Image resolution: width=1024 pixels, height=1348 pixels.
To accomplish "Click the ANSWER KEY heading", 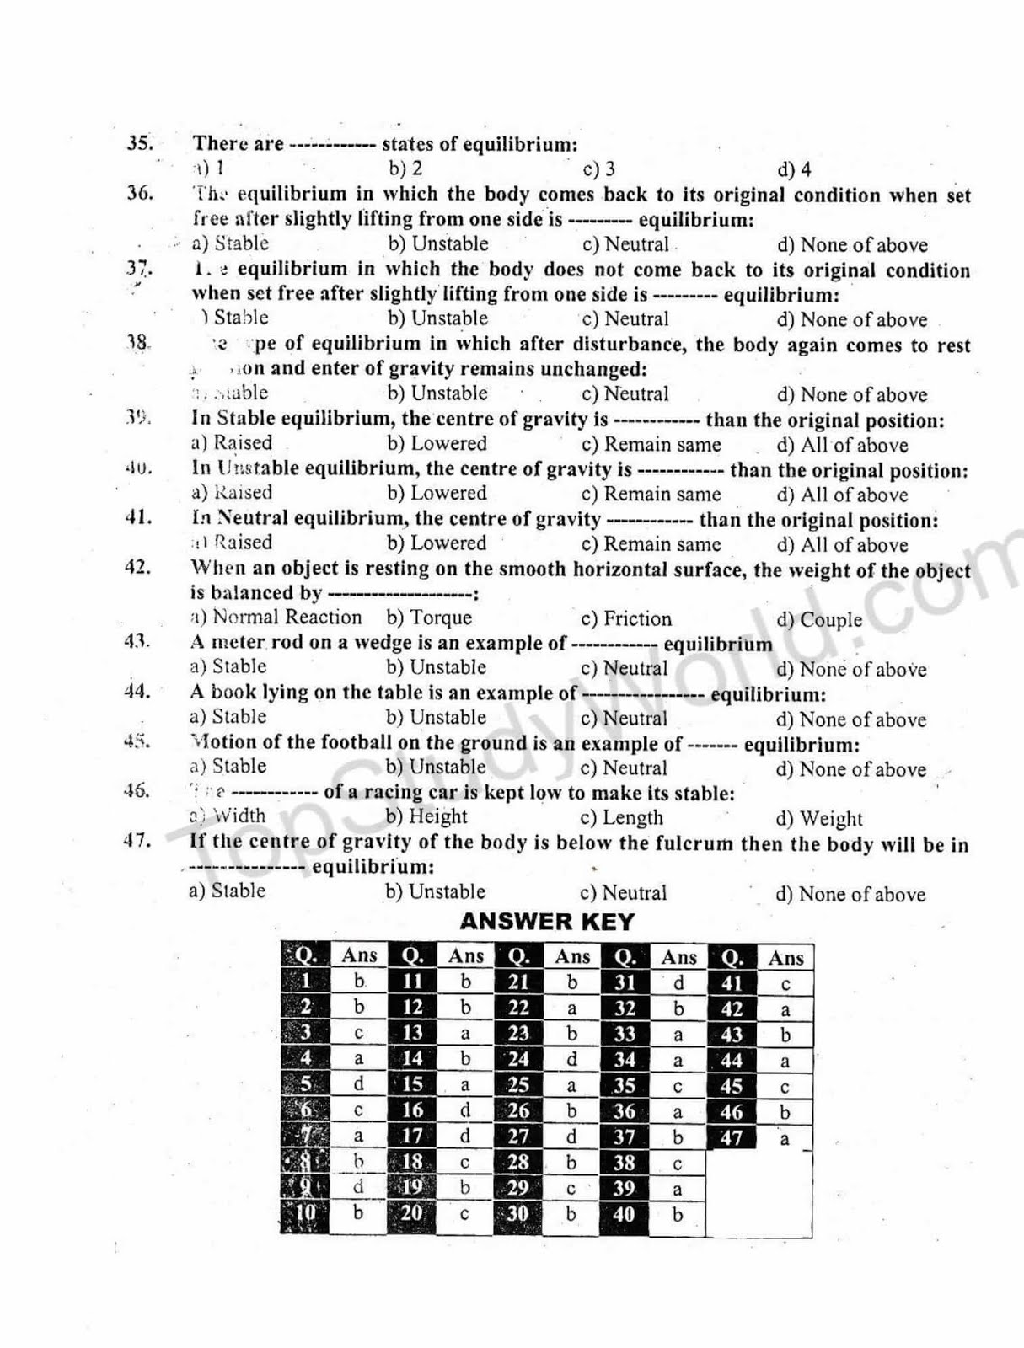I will point(547,922).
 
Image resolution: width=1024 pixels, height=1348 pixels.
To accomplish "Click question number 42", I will point(137,567).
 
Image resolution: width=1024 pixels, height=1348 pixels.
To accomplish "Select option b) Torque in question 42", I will point(429,618).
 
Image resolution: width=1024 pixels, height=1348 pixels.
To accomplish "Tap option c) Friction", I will point(626,619).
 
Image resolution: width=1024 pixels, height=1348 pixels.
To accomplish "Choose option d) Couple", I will point(819,620).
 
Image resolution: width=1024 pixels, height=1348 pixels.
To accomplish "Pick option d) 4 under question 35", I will point(794,169).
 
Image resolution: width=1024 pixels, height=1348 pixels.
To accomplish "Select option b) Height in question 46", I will point(426,816).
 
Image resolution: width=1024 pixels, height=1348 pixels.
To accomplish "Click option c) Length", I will point(622,817).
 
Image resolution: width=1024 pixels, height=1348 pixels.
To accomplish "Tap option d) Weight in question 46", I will point(819,818).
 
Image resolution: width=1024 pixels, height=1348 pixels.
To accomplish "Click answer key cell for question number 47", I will point(732,1138).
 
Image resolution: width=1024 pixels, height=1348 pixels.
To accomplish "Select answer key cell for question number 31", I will point(625,982).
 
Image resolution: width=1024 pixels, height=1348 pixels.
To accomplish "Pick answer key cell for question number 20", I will point(412,1213).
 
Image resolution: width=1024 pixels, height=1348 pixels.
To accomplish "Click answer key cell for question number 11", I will point(412,982).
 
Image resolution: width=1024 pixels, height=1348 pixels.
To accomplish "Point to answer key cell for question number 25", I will point(518,1085).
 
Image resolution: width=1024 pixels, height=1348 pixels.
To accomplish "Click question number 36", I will point(140,193).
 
